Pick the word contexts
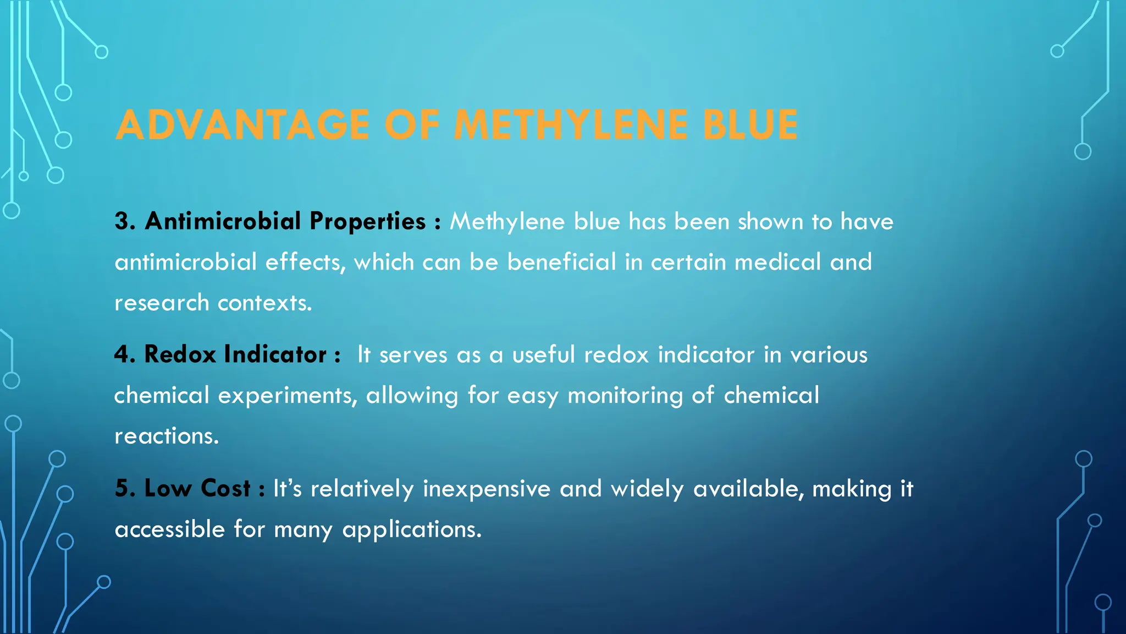click(264, 303)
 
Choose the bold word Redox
click(180, 354)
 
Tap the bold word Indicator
click(275, 354)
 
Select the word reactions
click(166, 436)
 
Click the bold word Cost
click(225, 488)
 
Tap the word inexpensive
click(487, 489)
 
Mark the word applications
click(412, 529)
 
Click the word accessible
click(170, 529)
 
